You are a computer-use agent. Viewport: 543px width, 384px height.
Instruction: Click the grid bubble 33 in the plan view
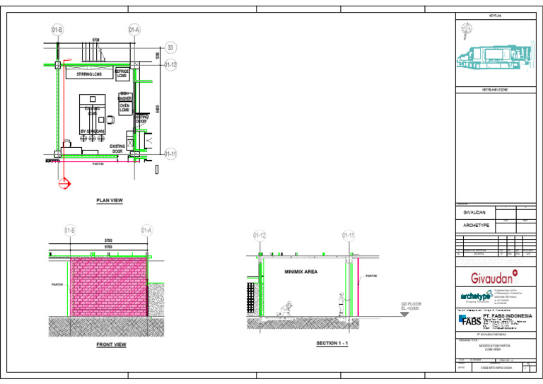[170, 47]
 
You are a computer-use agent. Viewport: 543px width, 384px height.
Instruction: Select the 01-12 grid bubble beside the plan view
[170, 65]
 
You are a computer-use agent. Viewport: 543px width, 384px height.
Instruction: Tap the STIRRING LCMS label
[89, 74]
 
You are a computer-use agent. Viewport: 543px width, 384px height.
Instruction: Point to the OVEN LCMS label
[124, 107]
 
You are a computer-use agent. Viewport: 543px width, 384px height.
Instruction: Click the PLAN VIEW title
[110, 201]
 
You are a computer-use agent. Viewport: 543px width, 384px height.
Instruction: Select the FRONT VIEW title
[111, 345]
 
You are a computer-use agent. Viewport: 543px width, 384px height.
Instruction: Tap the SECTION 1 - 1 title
[332, 343]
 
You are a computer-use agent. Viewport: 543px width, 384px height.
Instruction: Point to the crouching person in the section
[286, 309]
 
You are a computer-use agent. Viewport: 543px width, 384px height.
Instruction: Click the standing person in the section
[341, 303]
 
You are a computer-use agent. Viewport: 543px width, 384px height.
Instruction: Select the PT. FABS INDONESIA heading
[507, 315]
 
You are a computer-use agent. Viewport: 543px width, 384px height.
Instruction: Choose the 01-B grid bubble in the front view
[70, 231]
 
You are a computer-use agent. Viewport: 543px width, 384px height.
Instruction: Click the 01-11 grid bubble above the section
[349, 235]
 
